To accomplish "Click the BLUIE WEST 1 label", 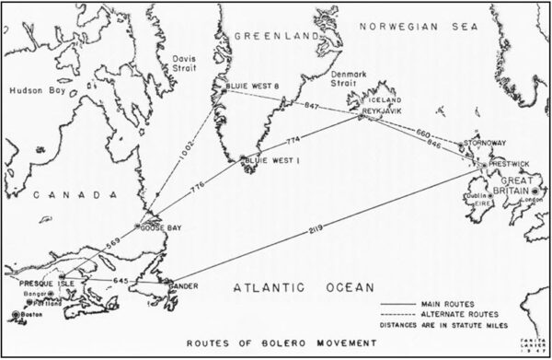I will pos(268,161).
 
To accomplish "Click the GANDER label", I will pos(182,286).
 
